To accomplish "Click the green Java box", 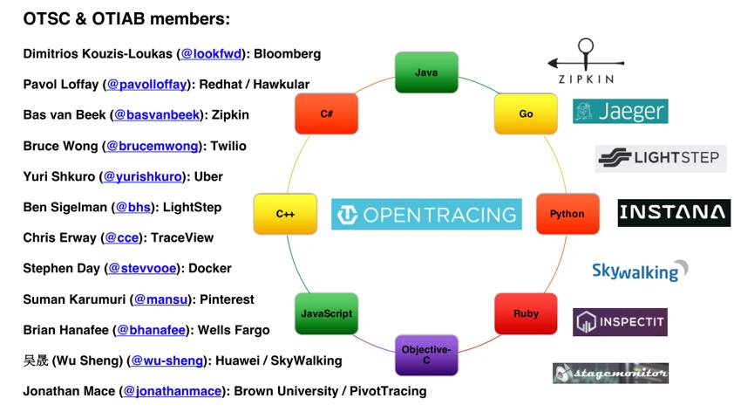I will coord(426,72).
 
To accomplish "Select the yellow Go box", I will coord(526,113).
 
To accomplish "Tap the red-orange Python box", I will coord(567,214).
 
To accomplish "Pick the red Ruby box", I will coord(526,313).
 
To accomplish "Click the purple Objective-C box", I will coord(426,355).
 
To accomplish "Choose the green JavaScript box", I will coord(326,313).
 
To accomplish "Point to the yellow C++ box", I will coord(285,214).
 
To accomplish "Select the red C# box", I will coord(326,113).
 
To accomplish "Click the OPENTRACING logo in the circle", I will coord(426,214).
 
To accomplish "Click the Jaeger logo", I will coord(620,112).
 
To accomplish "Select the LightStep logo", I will coord(661,158).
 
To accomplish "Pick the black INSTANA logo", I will coord(674,213).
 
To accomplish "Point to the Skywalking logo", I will coord(640,271).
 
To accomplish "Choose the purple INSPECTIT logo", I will coord(620,322).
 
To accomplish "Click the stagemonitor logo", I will coord(610,373).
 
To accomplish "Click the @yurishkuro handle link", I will coord(144,176).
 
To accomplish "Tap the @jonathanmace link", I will coord(173,391).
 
